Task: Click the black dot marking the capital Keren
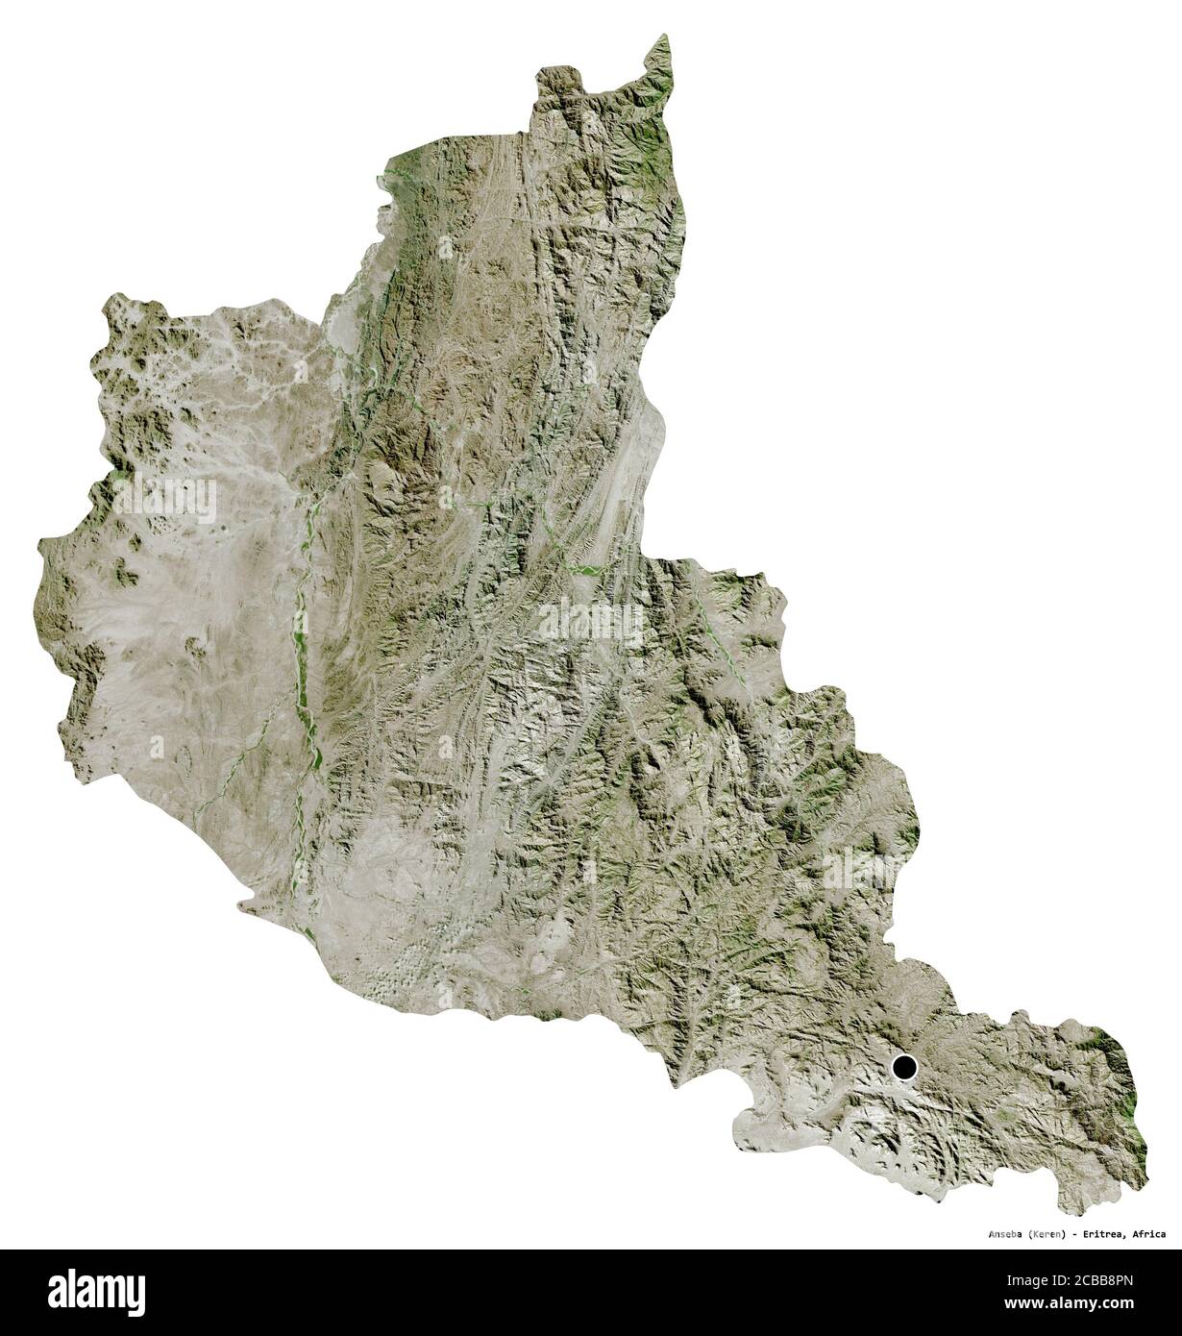904,1067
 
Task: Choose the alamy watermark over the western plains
163,501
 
